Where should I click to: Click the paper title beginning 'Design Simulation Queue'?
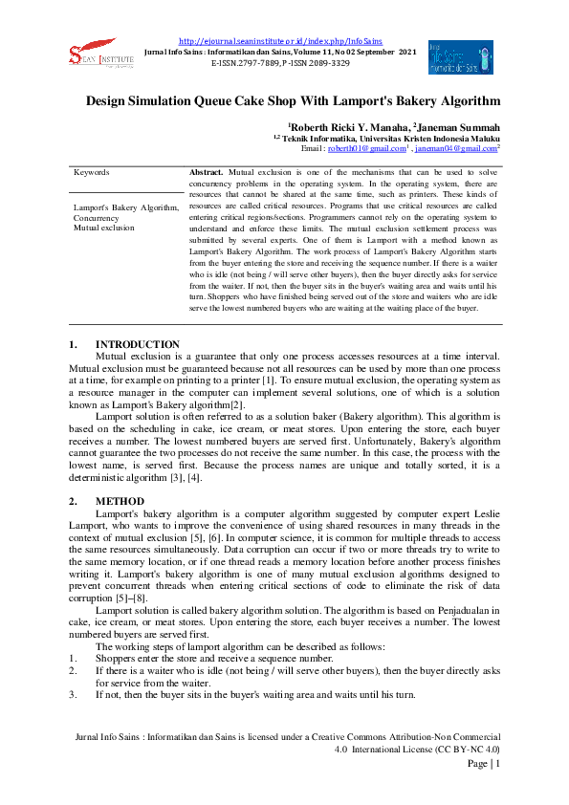(293, 100)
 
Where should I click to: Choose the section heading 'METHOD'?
(120, 501)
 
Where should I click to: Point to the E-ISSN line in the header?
(265, 61)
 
